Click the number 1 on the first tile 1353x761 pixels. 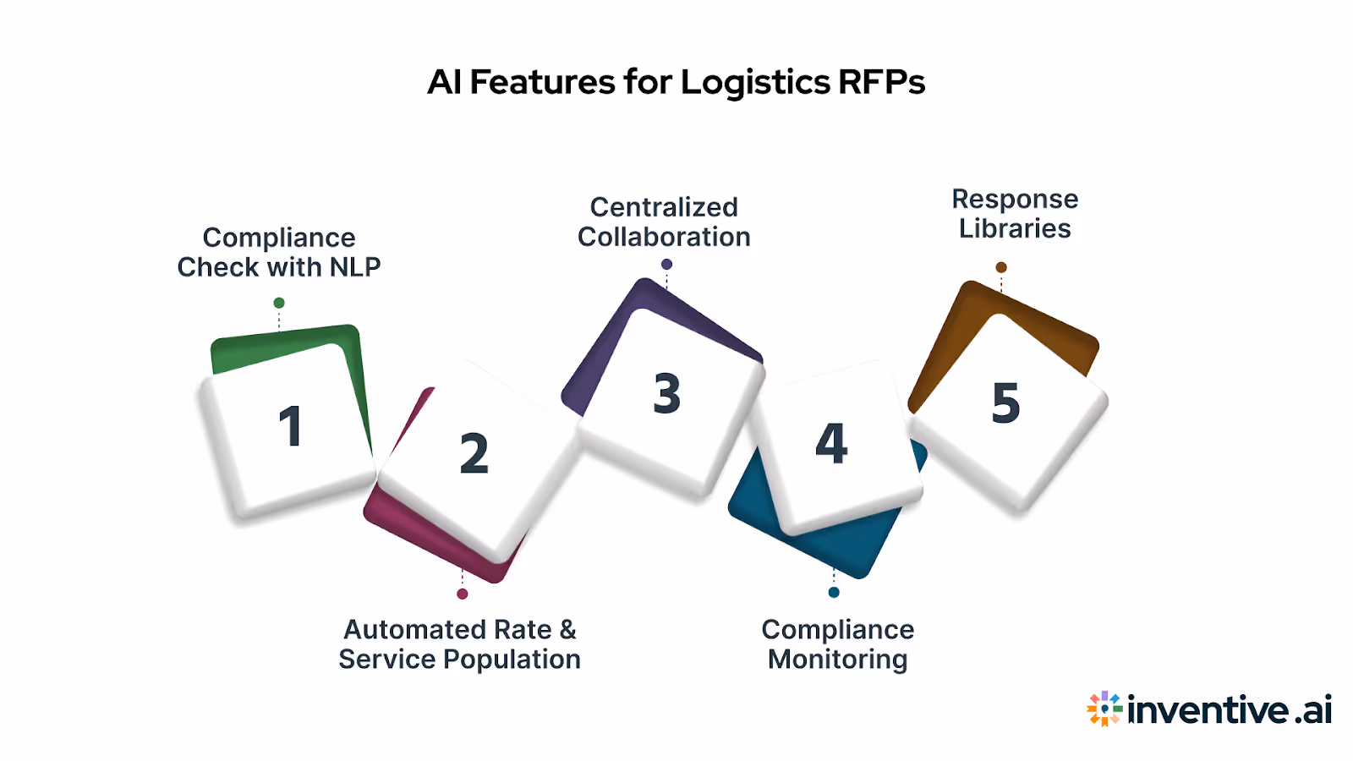click(290, 425)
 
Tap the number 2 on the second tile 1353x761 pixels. click(474, 453)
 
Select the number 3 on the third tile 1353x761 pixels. click(666, 393)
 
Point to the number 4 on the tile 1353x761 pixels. click(831, 443)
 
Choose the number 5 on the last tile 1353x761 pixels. click(1005, 402)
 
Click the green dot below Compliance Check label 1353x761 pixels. click(279, 303)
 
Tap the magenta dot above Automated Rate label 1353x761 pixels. click(463, 594)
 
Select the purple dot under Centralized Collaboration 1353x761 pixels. click(666, 265)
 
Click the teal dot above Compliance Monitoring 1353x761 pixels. click(834, 592)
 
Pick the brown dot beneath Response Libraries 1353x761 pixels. click(1001, 267)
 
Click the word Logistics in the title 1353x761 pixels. click(755, 83)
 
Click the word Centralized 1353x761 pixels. click(664, 207)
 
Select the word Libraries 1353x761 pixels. click(1015, 228)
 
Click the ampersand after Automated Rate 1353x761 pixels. click(567, 630)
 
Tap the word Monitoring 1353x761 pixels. click(837, 660)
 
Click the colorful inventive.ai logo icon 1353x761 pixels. click(1104, 709)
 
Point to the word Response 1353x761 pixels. click(1015, 200)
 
